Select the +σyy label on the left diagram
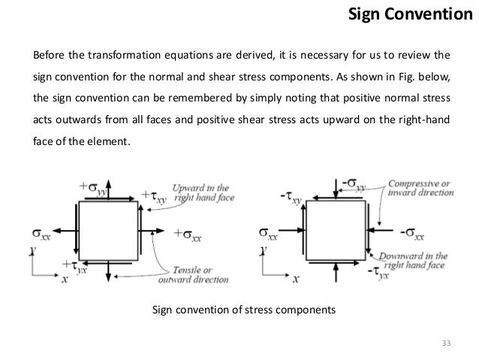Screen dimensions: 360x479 (x=91, y=186)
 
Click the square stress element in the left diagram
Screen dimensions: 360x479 (x=110, y=229)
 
